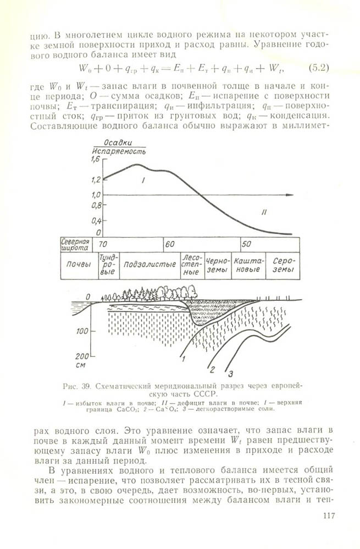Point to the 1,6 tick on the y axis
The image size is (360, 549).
tap(96, 159)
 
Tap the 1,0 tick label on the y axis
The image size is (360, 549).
tap(96, 195)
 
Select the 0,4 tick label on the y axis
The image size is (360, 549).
tap(96, 221)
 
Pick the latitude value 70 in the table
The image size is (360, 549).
tap(103, 243)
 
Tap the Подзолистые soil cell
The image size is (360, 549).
tap(149, 264)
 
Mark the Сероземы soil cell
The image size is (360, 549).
tap(283, 265)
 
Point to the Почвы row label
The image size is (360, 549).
tap(79, 264)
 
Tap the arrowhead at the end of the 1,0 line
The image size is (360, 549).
tap(298, 195)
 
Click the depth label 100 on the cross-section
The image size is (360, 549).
tap(82, 331)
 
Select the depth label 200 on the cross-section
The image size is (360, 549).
tap(82, 354)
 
